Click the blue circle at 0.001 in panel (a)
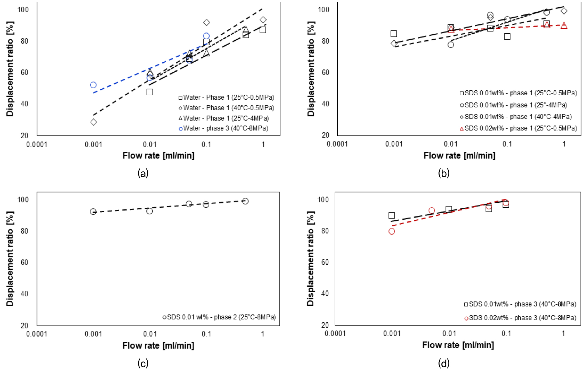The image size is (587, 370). click(x=93, y=85)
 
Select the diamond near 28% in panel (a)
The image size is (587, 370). click(x=94, y=122)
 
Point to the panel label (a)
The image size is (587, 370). click(x=143, y=173)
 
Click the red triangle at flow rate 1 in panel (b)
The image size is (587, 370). click(x=564, y=25)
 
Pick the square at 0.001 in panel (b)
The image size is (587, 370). click(x=394, y=34)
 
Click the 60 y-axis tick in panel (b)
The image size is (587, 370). click(x=325, y=72)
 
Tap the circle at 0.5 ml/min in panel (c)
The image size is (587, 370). click(x=245, y=201)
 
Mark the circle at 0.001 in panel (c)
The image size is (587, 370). click(x=93, y=211)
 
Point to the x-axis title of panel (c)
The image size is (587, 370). click(x=158, y=345)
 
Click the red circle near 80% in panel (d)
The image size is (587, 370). click(x=392, y=231)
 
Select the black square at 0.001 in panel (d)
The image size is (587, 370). click(x=392, y=215)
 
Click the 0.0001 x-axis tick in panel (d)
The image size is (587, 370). click(x=335, y=333)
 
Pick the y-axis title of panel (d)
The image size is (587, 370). click(x=310, y=259)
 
